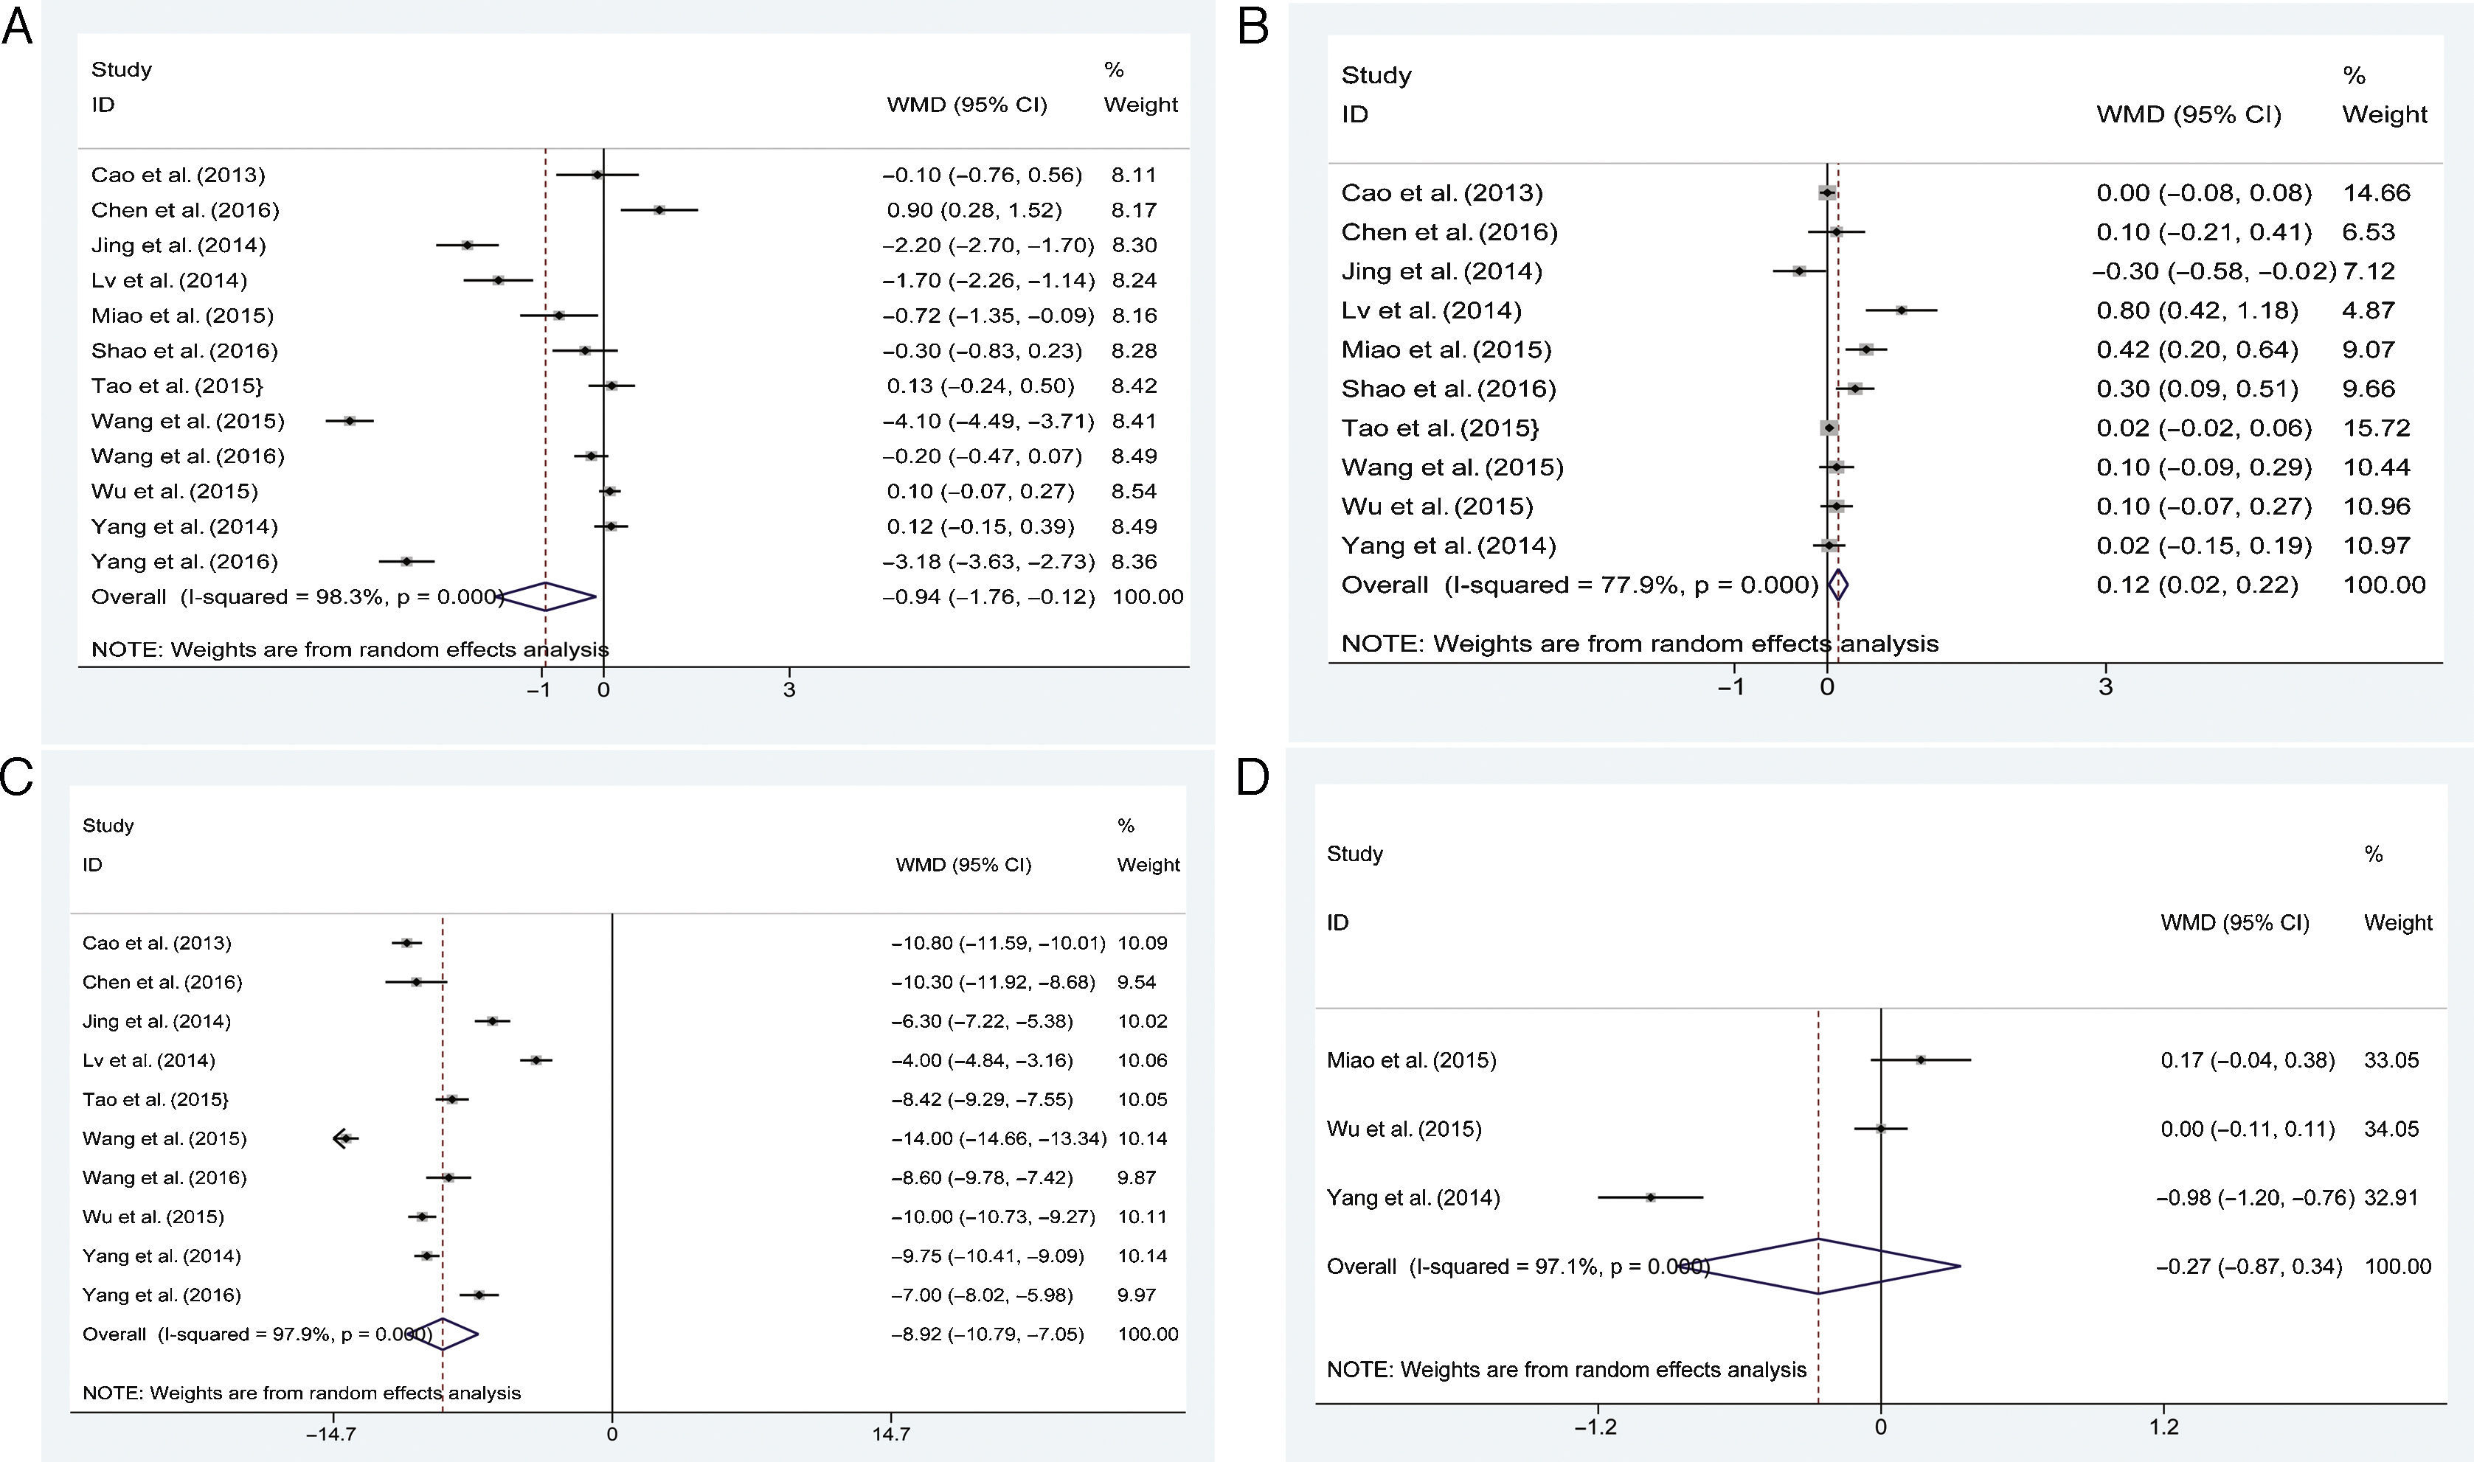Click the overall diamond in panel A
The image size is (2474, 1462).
click(548, 596)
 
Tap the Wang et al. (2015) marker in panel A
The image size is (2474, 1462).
click(349, 421)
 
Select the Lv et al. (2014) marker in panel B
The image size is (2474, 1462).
click(1900, 310)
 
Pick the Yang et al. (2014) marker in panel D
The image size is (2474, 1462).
click(1650, 1198)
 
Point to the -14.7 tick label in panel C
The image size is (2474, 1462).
click(330, 1433)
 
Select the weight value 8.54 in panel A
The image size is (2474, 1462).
click(1134, 490)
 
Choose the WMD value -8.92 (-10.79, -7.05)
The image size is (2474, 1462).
click(987, 1334)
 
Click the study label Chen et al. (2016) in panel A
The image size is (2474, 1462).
click(185, 210)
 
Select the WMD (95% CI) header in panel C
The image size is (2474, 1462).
click(963, 865)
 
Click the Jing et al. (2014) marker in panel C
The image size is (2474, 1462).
click(492, 1020)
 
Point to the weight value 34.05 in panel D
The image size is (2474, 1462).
click(2391, 1129)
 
